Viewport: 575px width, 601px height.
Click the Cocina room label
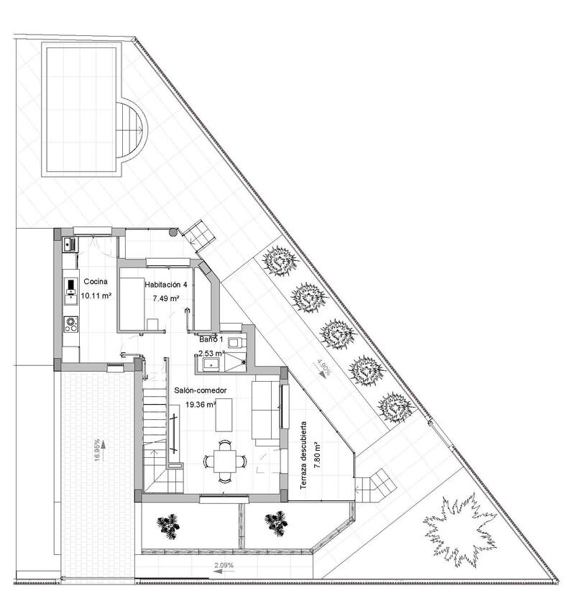(x=95, y=282)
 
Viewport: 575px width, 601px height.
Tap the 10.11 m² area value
(x=95, y=295)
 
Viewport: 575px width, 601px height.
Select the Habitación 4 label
(x=165, y=285)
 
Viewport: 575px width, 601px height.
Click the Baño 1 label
(x=211, y=339)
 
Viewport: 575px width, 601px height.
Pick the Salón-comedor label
(x=201, y=390)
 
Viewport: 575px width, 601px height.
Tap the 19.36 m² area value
(x=201, y=405)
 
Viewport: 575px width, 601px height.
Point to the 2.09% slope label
(x=224, y=565)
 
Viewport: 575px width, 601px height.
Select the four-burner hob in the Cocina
(x=71, y=324)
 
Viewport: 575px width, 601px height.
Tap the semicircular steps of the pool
(x=130, y=129)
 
